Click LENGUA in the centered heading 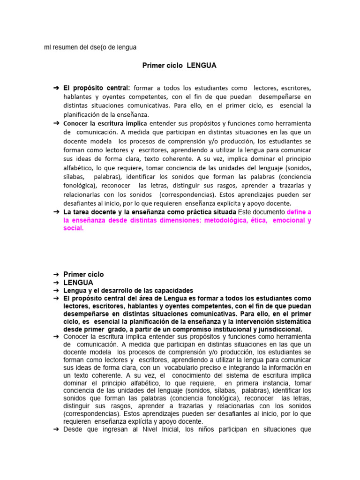[x=202, y=66]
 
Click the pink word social [x=73, y=228]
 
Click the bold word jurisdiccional [x=275, y=330]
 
